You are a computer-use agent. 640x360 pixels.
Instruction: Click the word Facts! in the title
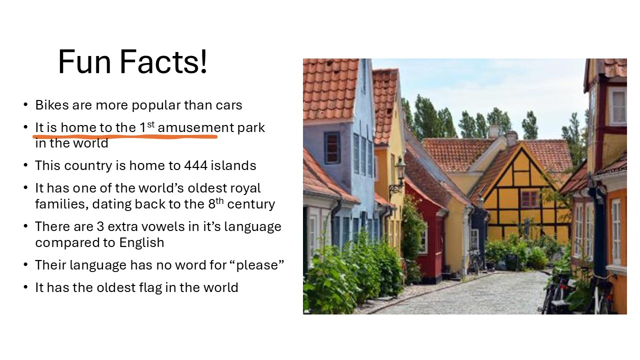(163, 61)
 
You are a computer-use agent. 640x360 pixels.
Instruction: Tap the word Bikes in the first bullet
(52, 105)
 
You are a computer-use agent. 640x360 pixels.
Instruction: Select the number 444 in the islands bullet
(195, 165)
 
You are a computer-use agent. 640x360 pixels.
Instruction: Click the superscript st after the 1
(151, 124)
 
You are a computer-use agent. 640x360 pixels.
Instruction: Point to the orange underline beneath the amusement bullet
(125, 137)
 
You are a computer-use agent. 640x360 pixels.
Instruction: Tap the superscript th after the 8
(219, 201)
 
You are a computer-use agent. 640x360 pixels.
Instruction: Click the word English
(141, 242)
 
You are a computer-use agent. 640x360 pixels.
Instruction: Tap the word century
(251, 204)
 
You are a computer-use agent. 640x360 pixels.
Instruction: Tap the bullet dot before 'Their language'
(25, 265)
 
